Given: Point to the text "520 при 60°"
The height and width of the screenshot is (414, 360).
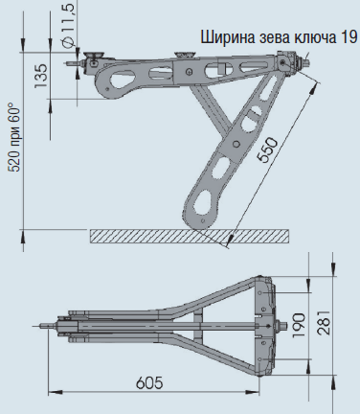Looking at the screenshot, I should [12, 138].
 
